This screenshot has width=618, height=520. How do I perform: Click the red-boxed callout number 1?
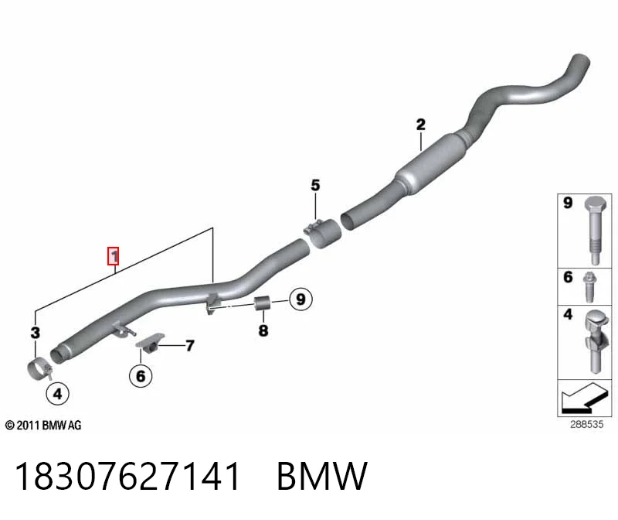coord(114,256)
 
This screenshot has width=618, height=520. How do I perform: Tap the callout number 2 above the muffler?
coord(421,125)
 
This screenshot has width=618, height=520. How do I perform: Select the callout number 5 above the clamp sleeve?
coord(315,185)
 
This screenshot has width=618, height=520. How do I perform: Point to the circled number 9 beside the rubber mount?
coord(301,299)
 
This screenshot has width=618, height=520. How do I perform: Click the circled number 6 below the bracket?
coord(141,376)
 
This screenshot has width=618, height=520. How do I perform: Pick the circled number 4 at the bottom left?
coord(57,394)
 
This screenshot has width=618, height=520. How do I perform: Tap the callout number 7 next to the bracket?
coord(190,346)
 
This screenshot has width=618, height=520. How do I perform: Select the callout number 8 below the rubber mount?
coord(263,330)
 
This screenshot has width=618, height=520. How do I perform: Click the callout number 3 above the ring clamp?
coord(36,333)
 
